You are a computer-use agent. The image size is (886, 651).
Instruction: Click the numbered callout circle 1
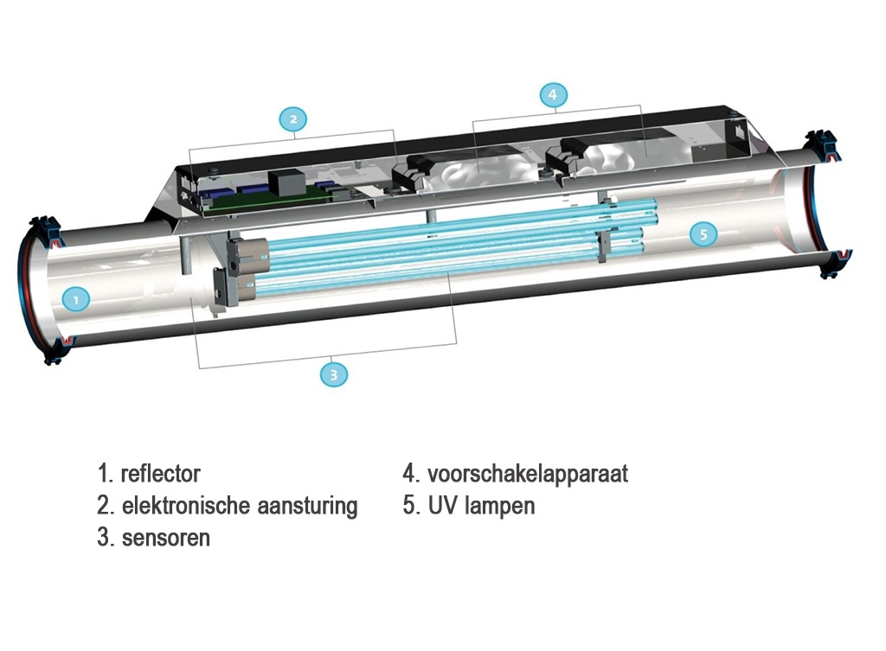point(76,300)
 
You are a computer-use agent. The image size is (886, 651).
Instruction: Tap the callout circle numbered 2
point(293,119)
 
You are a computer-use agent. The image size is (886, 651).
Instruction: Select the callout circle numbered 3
point(333,374)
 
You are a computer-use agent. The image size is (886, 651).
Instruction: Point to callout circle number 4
point(553,95)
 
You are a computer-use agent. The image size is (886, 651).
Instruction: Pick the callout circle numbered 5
point(704,233)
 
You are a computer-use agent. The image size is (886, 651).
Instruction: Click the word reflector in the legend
point(161,474)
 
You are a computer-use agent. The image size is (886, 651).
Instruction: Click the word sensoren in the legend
point(165,537)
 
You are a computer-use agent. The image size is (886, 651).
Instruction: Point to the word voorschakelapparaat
point(527,474)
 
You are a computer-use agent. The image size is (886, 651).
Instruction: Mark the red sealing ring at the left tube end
point(23,285)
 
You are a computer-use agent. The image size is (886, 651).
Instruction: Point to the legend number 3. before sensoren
point(105,537)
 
